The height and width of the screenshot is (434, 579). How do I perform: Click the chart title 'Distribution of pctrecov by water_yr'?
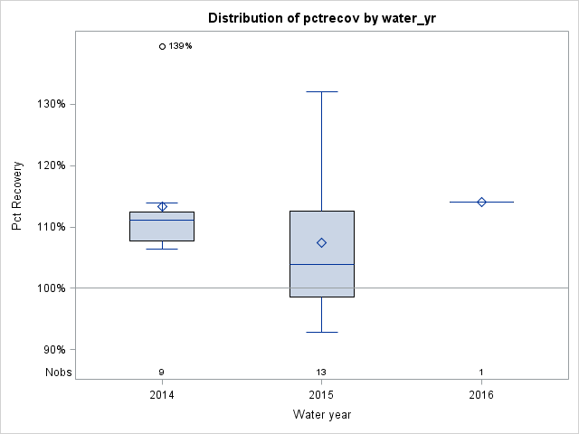[321, 18]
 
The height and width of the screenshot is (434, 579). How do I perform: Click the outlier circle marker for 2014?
[162, 46]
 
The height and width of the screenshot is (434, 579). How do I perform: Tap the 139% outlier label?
[181, 46]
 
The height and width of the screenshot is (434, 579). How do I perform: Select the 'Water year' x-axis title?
[321, 415]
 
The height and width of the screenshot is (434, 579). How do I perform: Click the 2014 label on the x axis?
[162, 395]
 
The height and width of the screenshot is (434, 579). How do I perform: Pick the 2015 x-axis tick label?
[321, 395]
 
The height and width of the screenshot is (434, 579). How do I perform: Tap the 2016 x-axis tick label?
[481, 395]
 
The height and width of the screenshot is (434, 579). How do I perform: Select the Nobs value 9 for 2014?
[162, 373]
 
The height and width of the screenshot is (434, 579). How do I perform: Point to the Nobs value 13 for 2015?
[321, 373]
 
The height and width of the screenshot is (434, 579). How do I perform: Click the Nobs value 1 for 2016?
[481, 373]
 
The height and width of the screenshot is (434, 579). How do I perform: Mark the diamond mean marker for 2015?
[321, 242]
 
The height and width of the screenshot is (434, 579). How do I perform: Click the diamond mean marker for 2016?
[481, 202]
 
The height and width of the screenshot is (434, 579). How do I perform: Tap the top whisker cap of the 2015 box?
[321, 91]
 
